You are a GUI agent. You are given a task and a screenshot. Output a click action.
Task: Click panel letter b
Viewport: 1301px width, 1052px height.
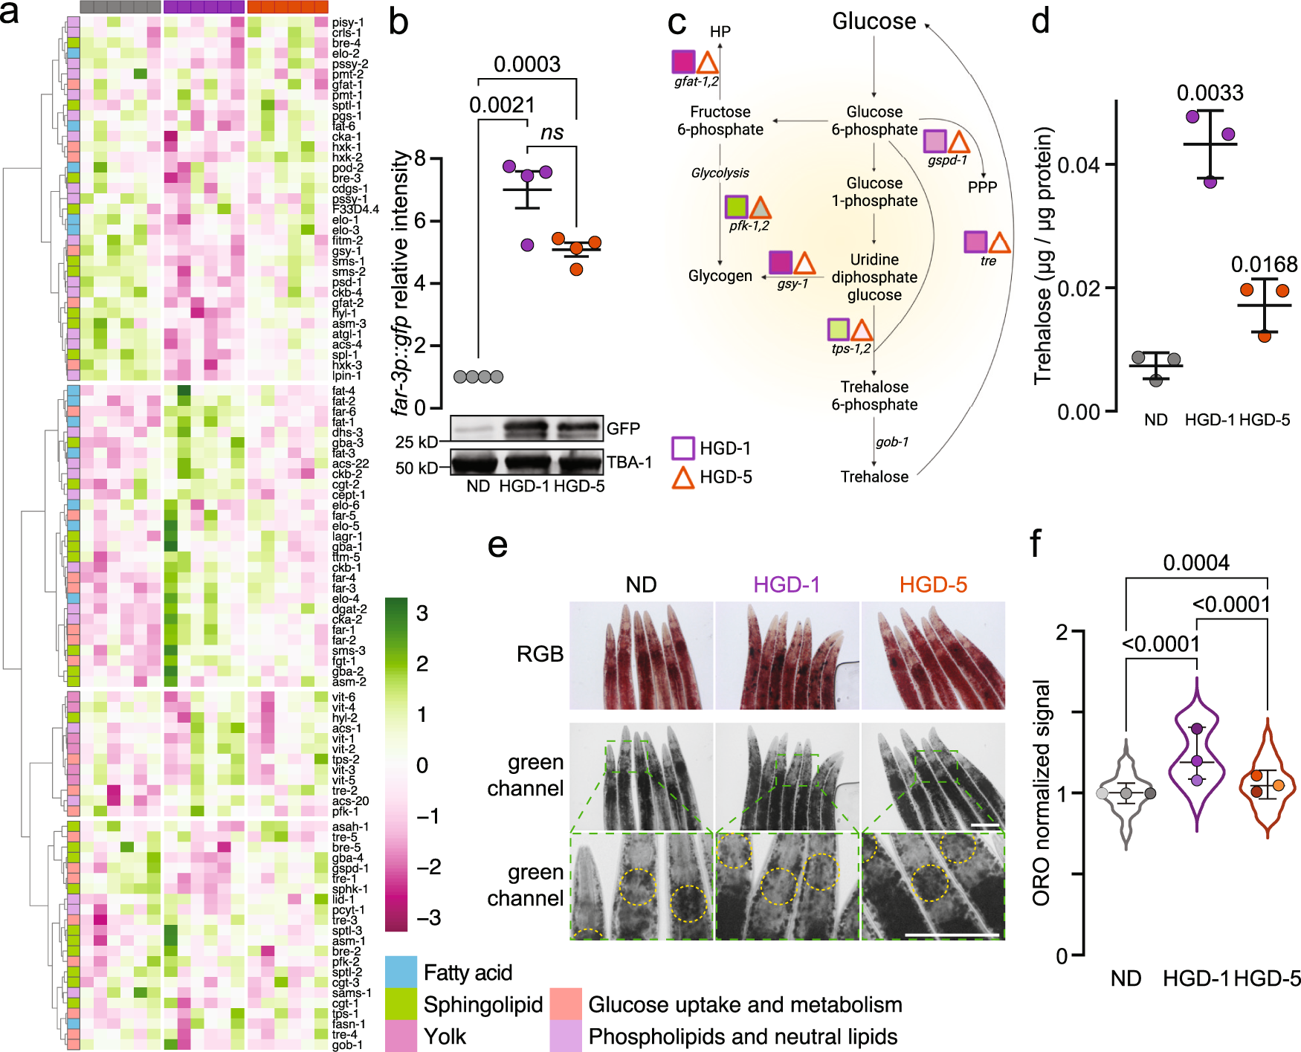pyautogui.click(x=399, y=22)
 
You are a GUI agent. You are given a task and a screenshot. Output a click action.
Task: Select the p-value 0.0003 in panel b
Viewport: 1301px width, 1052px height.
pyautogui.click(x=526, y=65)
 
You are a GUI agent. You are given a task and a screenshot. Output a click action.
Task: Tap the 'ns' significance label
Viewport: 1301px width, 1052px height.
pyautogui.click(x=552, y=132)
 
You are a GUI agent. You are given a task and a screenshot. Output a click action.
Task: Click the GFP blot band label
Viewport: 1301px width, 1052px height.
pyautogui.click(x=623, y=428)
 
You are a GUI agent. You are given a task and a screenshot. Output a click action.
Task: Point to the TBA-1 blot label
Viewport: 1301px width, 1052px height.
pyautogui.click(x=629, y=462)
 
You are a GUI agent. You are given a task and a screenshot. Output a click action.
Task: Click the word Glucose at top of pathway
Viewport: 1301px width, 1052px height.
pyautogui.click(x=874, y=22)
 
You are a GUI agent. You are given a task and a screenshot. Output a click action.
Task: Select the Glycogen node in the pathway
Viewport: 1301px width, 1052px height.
pyautogui.click(x=720, y=276)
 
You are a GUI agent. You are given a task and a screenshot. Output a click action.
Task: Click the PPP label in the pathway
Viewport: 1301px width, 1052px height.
pyautogui.click(x=982, y=187)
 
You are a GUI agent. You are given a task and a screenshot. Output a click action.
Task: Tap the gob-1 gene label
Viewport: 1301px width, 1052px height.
pyautogui.click(x=891, y=442)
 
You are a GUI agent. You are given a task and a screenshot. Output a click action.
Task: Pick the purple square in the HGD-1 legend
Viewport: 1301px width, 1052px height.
pyautogui.click(x=683, y=448)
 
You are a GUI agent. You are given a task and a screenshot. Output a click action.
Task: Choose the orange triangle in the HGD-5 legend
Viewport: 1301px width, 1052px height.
pyautogui.click(x=683, y=477)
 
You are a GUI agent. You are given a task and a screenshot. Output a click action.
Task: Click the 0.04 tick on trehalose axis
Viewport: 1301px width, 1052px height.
pyautogui.click(x=1077, y=164)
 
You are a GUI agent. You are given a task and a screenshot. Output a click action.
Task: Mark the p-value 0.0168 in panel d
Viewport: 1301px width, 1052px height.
pyautogui.click(x=1264, y=264)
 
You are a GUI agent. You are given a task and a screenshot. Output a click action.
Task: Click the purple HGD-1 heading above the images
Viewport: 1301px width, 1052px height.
pyautogui.click(x=787, y=584)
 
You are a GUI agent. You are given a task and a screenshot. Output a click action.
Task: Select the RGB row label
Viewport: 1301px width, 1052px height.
pyautogui.click(x=540, y=654)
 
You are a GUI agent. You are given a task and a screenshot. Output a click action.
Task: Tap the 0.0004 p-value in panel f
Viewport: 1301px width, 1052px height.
pyautogui.click(x=1195, y=563)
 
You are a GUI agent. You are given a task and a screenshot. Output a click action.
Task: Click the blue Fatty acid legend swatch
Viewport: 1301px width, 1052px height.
pyautogui.click(x=401, y=972)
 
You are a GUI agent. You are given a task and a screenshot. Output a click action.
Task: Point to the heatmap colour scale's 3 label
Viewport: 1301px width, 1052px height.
pyautogui.click(x=422, y=613)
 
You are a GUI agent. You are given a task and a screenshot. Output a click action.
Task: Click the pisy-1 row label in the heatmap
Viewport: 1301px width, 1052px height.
pyautogui.click(x=347, y=23)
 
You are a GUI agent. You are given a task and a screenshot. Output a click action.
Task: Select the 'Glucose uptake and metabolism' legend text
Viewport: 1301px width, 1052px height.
pyautogui.click(x=745, y=1004)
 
